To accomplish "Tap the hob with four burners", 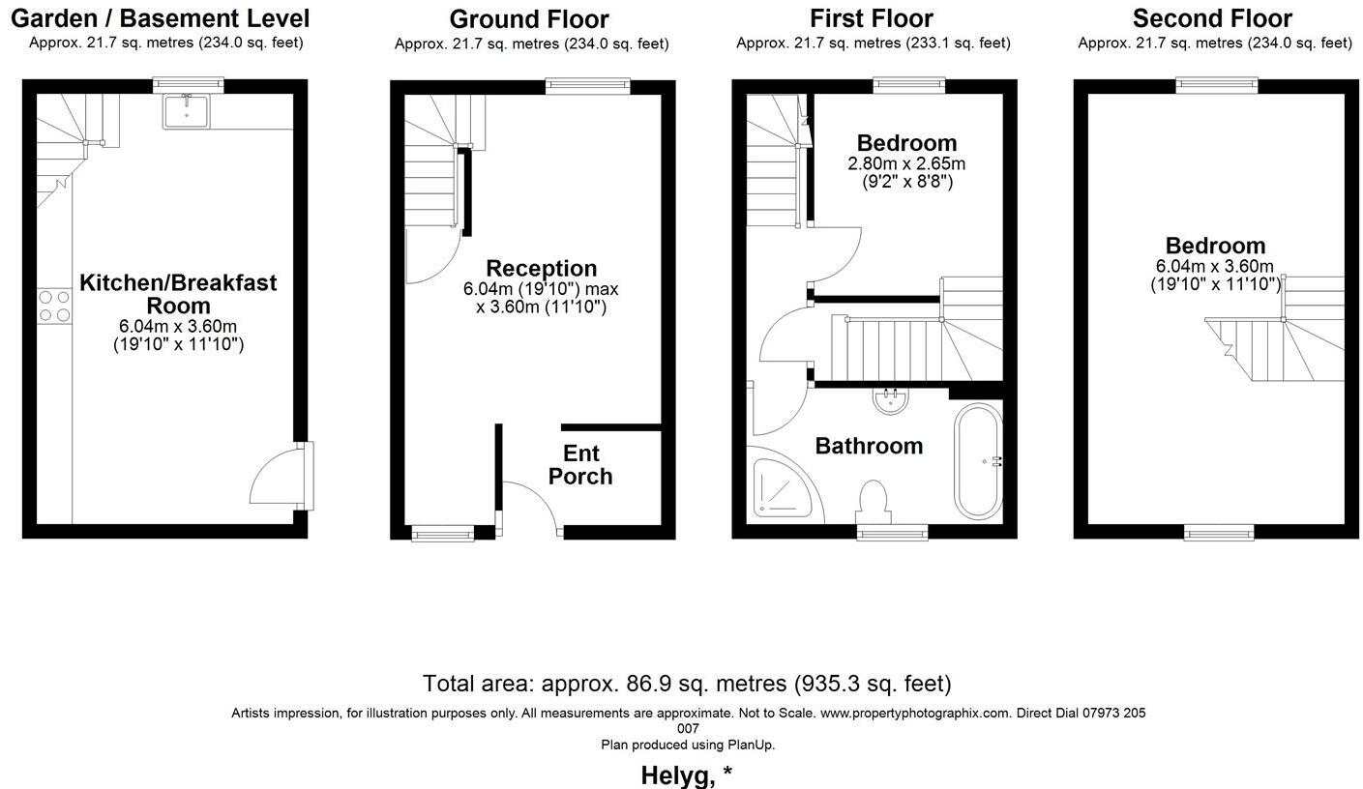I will coord(53,307).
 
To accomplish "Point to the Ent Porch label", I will coord(580,465).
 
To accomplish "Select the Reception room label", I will coord(541,269).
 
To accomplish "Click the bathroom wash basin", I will coord(890,399).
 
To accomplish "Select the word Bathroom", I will coord(869,446).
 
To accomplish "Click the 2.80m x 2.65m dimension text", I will coord(906,163).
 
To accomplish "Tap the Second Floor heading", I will coord(1212,18).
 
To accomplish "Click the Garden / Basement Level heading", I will coord(161,18).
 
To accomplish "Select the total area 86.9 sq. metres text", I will coord(687,684).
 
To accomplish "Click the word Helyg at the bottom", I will coord(676,775).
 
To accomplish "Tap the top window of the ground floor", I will coord(587,86).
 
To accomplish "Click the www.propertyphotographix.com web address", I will coord(915,714).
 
